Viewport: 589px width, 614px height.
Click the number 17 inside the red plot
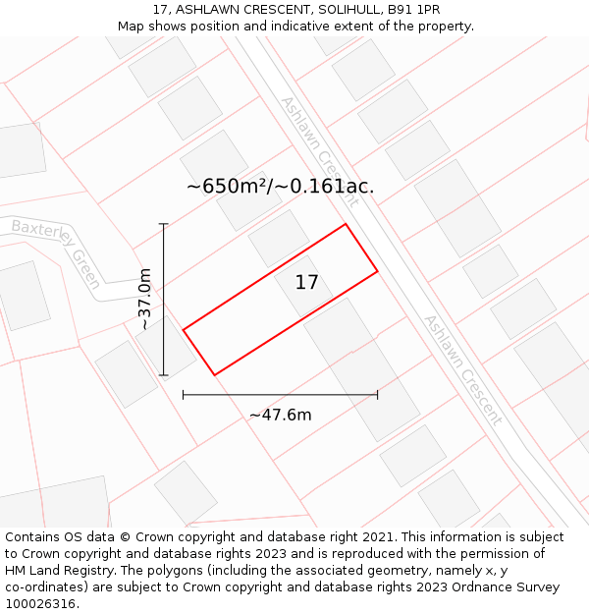307,283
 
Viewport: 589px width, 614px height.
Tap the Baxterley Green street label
57,251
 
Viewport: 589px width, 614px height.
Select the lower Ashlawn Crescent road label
462,369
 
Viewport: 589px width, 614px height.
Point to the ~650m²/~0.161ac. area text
280,187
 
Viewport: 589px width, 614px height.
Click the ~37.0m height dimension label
145,299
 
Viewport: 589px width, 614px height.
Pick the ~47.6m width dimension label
280,415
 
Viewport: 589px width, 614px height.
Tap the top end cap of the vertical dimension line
164,225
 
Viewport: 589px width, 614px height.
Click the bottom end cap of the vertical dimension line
164,374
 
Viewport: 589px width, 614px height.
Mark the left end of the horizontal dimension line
184,395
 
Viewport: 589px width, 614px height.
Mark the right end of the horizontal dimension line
377,395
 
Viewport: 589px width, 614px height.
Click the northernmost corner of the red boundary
346,225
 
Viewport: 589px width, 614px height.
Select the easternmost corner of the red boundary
377,271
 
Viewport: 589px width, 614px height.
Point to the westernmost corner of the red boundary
184,329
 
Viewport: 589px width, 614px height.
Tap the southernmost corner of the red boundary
214,374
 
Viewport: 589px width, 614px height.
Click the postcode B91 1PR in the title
413,10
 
